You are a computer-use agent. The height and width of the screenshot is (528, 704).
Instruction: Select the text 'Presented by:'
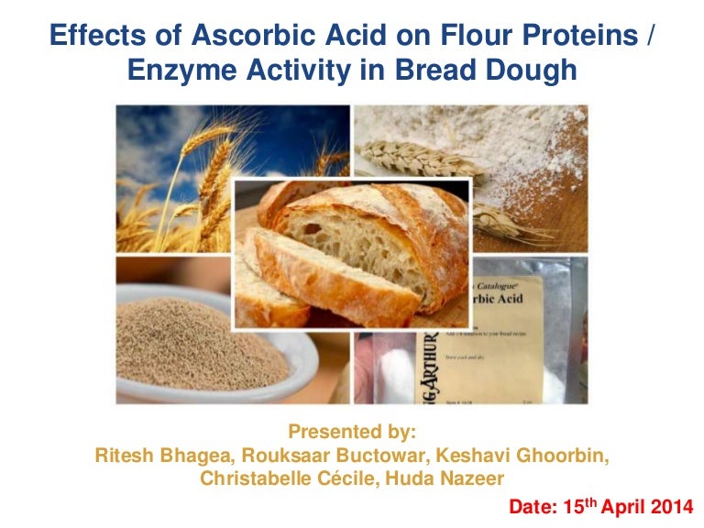(x=351, y=431)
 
